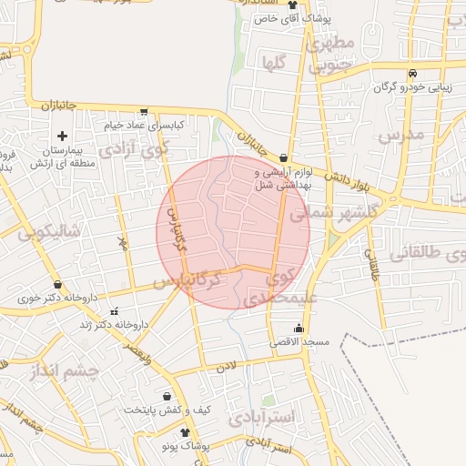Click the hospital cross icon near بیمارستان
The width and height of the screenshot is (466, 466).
[62, 136]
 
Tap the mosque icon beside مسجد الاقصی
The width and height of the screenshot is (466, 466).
[299, 328]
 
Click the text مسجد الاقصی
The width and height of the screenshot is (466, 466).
[299, 342]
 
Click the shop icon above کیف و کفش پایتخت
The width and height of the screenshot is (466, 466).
[167, 397]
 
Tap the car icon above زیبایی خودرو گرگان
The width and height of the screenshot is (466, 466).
[412, 74]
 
